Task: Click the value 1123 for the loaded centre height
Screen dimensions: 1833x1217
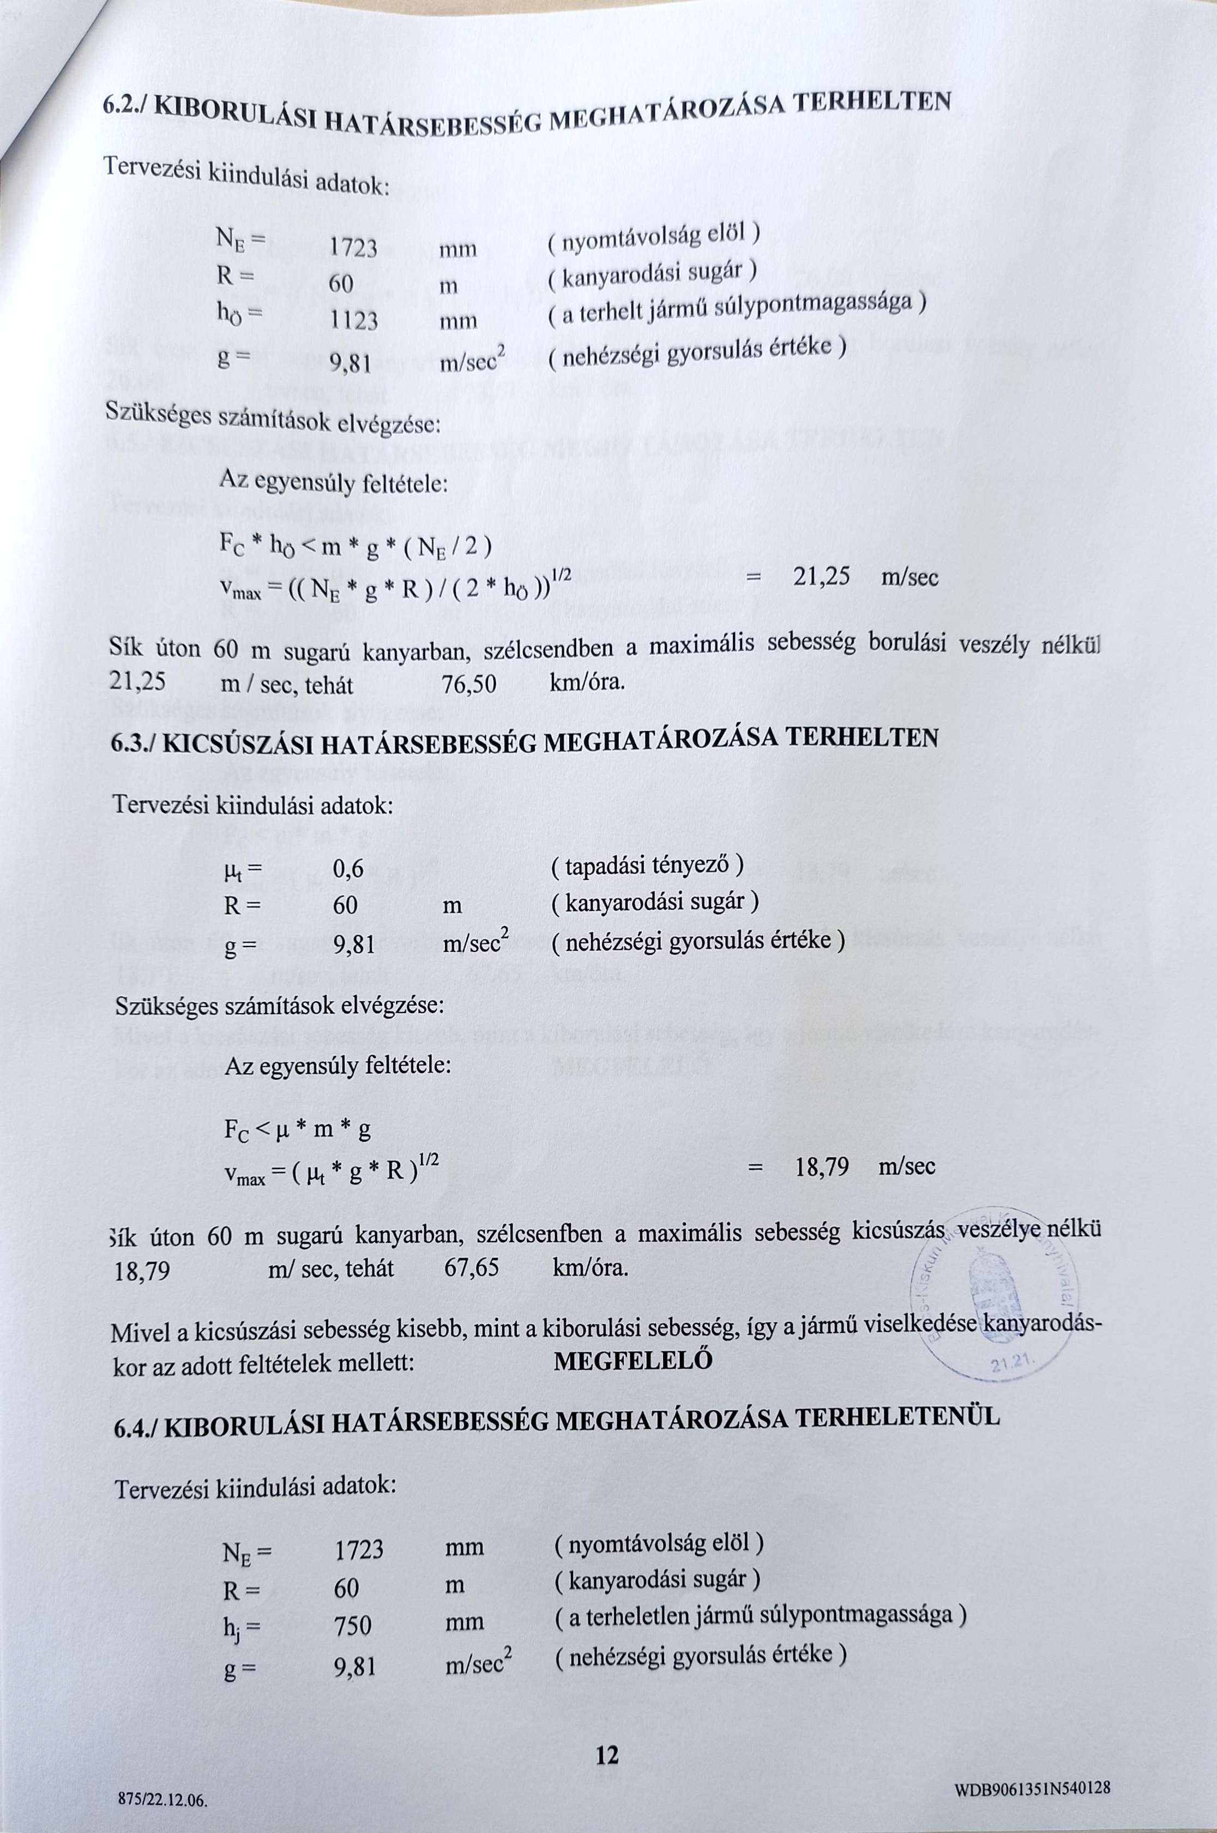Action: coord(354,320)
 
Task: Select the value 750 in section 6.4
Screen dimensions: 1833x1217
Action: coord(353,1626)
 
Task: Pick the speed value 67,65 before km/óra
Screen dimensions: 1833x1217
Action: coord(472,1268)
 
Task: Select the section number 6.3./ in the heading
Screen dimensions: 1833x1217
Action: coord(135,744)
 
